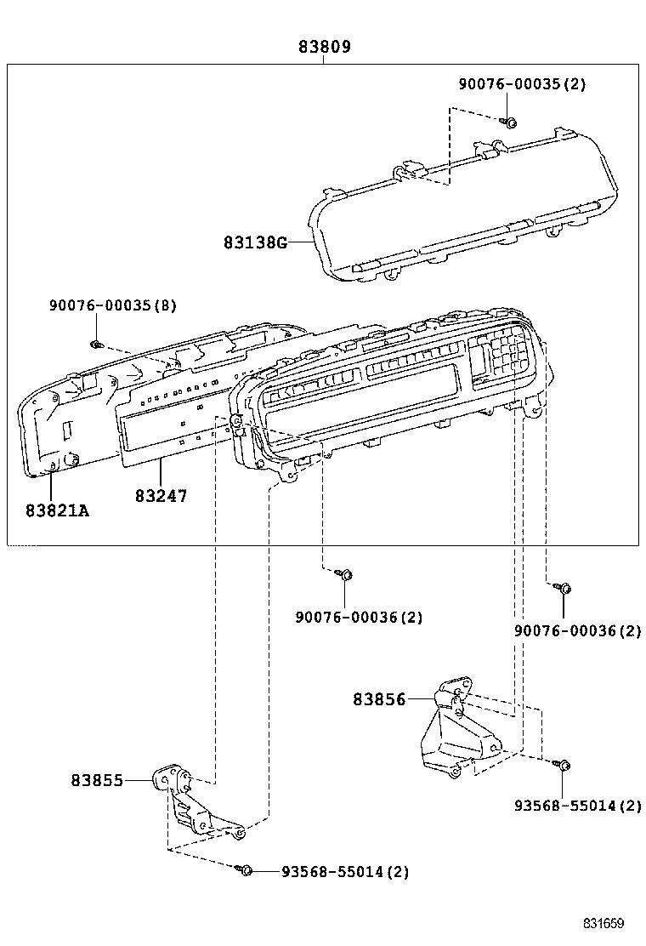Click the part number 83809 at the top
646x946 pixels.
pos(324,47)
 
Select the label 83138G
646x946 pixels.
pos(255,242)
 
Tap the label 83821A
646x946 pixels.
pos(57,510)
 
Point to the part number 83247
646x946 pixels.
pos(161,495)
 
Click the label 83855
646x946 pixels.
pos(97,779)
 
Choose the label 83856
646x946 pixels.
pos(379,699)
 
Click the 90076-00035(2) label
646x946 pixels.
pos(522,84)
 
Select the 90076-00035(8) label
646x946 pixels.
pos(113,305)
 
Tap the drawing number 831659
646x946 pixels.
pos(603,923)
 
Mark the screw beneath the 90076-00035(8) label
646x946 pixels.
pos(97,345)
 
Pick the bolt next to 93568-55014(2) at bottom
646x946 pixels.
pos(245,870)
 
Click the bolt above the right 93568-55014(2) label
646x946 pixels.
pos(563,766)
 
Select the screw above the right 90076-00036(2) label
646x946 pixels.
pos(564,588)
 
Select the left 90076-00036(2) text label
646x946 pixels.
pos(359,617)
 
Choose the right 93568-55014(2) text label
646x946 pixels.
pos(578,805)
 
